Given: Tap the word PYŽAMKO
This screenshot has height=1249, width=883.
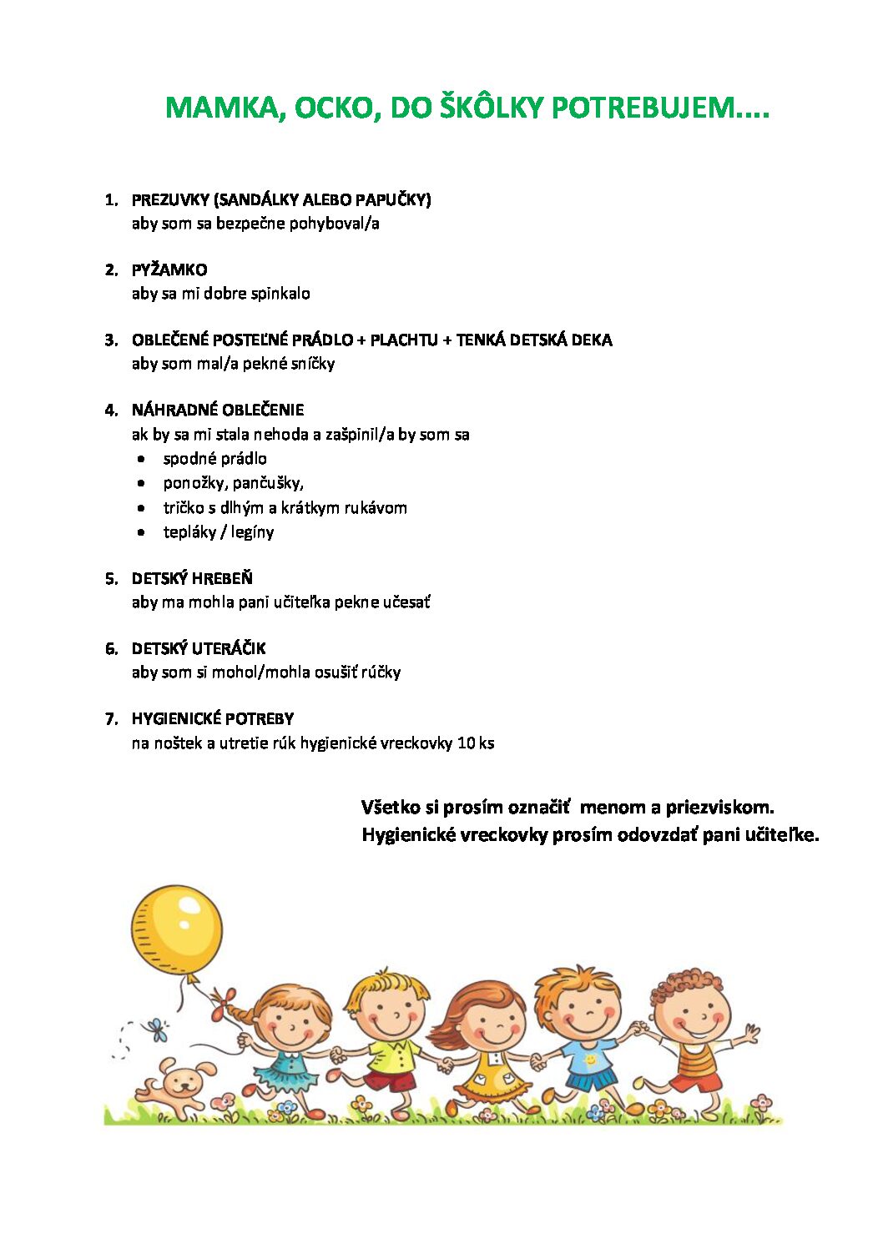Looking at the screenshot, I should pos(169,269).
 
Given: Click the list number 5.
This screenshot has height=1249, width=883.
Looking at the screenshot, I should pos(111,578).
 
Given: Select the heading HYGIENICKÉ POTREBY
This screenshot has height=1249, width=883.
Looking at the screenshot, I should pos(213,718).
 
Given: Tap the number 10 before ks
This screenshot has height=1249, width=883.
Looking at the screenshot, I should pos(466,743).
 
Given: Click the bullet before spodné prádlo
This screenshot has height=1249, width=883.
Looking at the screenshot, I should pos(143,459).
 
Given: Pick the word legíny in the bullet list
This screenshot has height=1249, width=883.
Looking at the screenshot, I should pos(253,532).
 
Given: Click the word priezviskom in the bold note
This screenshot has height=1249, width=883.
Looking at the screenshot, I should pos(719,807).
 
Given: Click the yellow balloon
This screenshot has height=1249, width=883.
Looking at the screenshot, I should pos(177,929).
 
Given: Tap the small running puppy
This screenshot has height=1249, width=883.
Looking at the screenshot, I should pos(173,1085).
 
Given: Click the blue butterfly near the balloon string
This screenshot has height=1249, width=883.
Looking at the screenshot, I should pos(156,1029).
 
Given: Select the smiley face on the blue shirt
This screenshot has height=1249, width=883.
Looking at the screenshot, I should pos(590,1060).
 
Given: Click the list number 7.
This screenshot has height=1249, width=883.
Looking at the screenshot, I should pos(111,718).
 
